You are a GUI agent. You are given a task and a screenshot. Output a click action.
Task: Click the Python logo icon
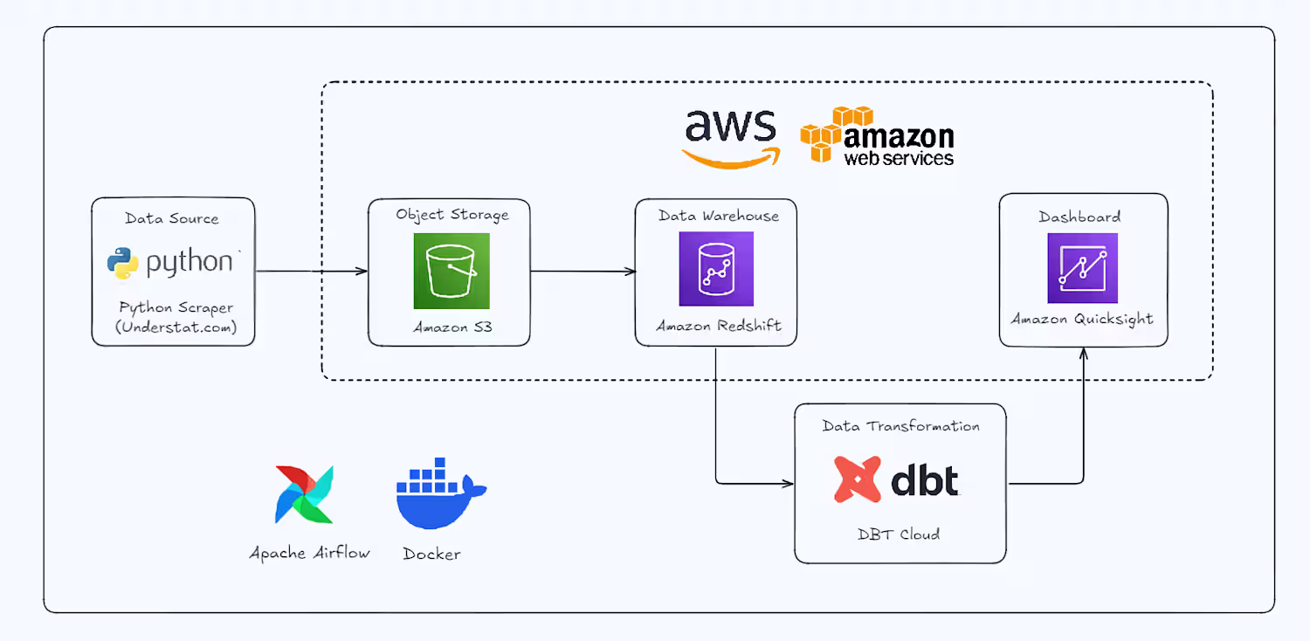[123, 263]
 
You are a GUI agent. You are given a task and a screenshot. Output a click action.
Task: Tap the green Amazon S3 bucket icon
[452, 271]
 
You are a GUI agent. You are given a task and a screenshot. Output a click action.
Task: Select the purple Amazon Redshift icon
[715, 269]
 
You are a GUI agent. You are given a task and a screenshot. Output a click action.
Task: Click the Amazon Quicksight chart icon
[1082, 268]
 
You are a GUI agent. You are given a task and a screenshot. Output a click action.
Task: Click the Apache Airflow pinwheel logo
[303, 494]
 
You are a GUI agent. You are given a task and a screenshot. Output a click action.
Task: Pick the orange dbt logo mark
[857, 479]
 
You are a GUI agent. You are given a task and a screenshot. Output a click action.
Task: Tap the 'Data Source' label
[172, 218]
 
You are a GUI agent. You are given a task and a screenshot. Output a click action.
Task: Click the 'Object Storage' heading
[452, 214]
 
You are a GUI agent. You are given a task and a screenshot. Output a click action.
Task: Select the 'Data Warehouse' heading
[718, 216]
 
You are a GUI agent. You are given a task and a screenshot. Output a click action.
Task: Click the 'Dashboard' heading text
[1079, 217]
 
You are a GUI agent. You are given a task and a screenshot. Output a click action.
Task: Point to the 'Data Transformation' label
[900, 426]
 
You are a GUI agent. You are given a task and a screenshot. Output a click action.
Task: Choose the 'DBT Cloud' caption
[899, 534]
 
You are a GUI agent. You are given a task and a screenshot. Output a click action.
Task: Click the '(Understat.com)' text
[176, 327]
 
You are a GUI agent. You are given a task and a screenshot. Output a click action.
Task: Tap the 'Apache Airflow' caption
[310, 553]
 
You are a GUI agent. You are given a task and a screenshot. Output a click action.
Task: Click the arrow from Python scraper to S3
[310, 272]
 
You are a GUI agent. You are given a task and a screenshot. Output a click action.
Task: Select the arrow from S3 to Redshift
[583, 272]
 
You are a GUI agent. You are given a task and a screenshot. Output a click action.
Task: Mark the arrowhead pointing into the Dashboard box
[1083, 352]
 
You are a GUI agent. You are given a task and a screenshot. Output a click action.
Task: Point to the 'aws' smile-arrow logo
[730, 138]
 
